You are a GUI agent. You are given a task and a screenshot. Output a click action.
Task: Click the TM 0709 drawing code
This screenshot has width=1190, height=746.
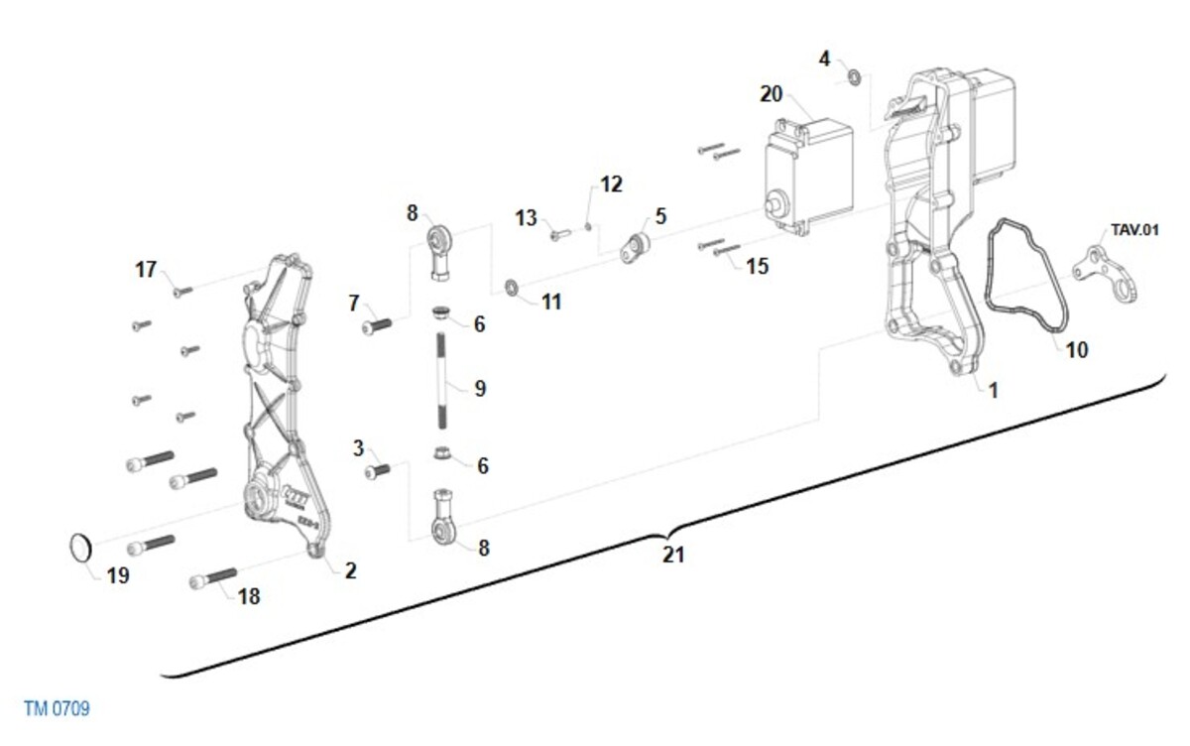pos(57,708)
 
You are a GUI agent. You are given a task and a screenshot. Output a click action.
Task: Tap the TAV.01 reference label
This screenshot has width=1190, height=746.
pos(1134,230)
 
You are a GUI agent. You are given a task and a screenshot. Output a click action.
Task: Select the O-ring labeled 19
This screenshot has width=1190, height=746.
pos(80,548)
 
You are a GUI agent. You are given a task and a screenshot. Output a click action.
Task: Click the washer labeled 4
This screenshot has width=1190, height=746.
pos(854,77)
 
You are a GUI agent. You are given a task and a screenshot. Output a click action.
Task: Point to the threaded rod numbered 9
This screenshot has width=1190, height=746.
pos(442,380)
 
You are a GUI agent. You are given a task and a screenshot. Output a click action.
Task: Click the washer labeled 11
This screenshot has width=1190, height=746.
pos(512,288)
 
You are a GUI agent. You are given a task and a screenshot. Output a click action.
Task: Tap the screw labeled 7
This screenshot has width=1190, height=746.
pos(377,325)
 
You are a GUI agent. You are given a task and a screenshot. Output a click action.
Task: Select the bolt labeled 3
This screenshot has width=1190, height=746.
pos(378,471)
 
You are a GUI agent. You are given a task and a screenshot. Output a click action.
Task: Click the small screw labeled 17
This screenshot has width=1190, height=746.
pos(182,292)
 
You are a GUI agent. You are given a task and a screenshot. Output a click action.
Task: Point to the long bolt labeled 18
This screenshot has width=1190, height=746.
pos(213,578)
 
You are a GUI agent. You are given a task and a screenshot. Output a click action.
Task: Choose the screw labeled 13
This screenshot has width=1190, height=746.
pos(559,234)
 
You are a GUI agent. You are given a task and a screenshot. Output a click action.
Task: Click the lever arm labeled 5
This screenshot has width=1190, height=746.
pos(635,248)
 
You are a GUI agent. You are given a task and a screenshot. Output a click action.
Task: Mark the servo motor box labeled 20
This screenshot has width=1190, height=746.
pos(809,177)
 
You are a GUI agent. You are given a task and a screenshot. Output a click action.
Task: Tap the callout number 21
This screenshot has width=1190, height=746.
pos(673,555)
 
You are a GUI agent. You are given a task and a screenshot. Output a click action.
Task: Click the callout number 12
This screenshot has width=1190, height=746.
pos(611,185)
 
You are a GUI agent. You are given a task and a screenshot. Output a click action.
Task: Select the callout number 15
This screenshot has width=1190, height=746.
pos(758,266)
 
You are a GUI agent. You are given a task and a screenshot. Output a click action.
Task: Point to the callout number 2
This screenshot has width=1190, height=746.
pos(351,570)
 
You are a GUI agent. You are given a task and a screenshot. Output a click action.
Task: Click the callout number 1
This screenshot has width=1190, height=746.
pos(994,391)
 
